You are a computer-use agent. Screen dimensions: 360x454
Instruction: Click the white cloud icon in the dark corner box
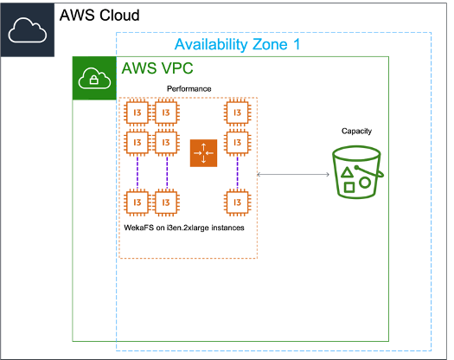28,31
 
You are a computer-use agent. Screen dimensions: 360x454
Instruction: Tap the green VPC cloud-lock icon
93,79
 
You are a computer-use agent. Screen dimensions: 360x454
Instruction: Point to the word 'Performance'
189,90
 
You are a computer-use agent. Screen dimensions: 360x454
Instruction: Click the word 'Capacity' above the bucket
356,131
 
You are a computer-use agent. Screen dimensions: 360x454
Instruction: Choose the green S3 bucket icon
356,173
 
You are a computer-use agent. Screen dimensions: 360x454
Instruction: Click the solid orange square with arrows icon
204,153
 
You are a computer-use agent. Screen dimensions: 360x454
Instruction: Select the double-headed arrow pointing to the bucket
294,175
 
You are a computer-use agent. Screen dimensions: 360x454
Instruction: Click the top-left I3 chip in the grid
137,112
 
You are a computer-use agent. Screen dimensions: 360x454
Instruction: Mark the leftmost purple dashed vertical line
137,172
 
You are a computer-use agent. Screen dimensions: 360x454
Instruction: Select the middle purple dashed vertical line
166,172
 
